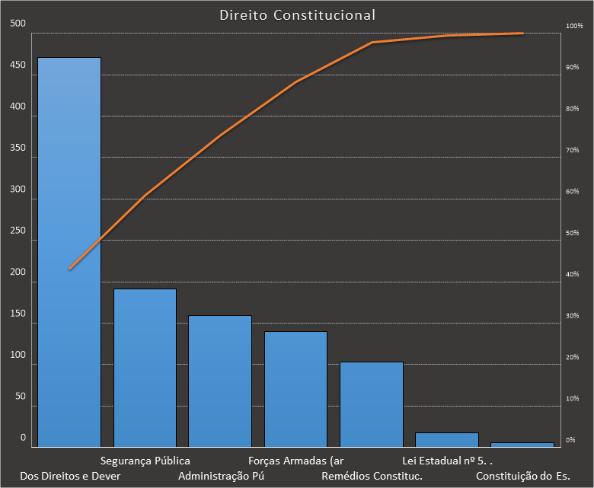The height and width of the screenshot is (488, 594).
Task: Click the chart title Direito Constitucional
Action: (297, 15)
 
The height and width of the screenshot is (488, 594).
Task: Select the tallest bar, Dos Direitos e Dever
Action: (69, 251)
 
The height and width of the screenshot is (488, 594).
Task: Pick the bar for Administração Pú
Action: (220, 381)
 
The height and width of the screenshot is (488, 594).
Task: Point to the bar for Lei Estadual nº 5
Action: (446, 439)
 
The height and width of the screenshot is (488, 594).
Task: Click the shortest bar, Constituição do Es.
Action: (522, 444)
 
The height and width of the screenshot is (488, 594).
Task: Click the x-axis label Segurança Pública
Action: (145, 461)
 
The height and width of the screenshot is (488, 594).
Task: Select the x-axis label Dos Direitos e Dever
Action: (70, 477)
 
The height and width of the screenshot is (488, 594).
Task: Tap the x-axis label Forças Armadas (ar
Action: (296, 461)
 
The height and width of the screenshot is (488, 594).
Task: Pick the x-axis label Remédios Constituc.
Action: (372, 477)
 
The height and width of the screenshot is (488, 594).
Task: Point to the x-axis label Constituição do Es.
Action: (522, 477)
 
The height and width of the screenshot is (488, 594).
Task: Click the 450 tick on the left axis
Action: (18, 66)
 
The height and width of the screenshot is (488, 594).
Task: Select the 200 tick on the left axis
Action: (18, 273)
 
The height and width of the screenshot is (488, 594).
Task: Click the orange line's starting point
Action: (69, 269)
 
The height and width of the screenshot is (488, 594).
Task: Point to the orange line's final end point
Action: (522, 33)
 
